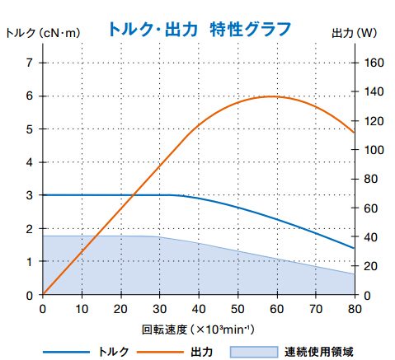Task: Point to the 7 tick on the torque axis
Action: pos(30,63)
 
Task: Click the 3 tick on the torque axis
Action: pos(30,195)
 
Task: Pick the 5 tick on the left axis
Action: pos(30,129)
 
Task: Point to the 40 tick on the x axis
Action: pos(199,310)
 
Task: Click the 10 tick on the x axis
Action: pos(82,310)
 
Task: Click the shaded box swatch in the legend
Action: pos(252,352)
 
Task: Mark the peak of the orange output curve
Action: pos(270,96)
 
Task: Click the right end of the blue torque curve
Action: pos(354,248)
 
